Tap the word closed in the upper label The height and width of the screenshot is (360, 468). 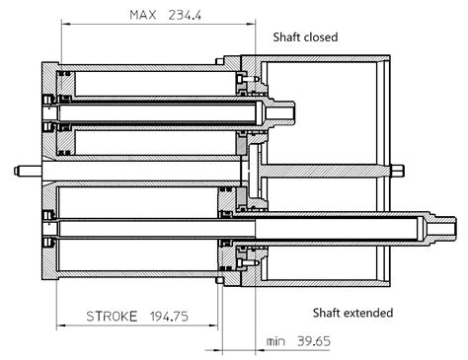pos(321,36)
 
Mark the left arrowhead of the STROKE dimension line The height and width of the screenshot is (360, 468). pos(59,327)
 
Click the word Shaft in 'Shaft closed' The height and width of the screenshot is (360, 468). pos(287,36)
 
